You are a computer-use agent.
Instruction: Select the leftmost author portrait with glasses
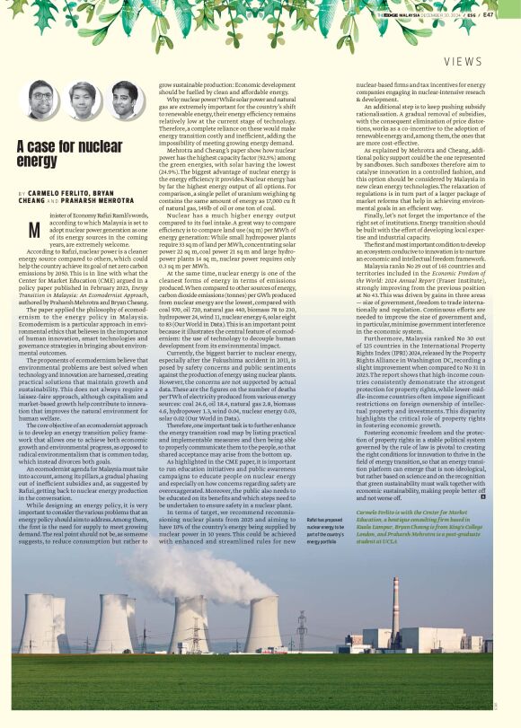click(x=41, y=100)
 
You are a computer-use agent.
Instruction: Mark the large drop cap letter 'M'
click(x=33, y=230)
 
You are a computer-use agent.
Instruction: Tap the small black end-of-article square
click(x=484, y=496)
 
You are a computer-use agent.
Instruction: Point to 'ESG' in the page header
click(x=483, y=14)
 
